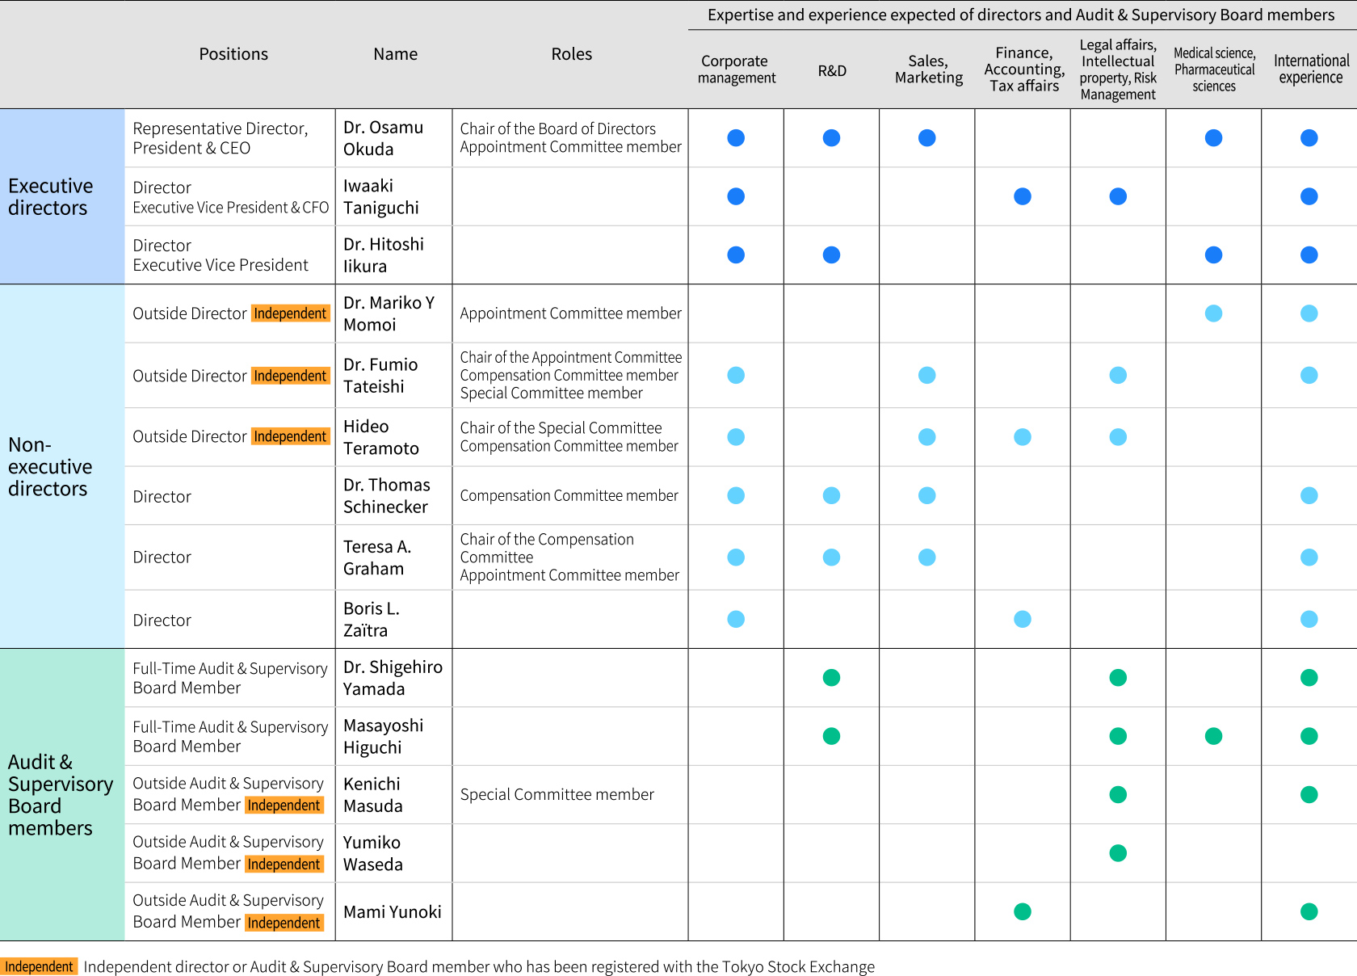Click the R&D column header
832,71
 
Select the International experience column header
1310,69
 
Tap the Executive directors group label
50,197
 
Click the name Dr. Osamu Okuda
383,138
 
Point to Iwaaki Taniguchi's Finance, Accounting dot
1023,196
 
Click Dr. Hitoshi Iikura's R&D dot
831,255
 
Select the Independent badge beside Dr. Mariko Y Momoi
290,313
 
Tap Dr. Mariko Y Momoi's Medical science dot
1213,313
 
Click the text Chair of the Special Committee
561,428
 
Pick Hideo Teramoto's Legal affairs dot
1118,437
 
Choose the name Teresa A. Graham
376,557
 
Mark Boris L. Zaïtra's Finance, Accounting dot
1023,620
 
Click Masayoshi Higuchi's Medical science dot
1213,736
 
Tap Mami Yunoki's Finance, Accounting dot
1023,911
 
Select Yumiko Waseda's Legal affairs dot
1118,853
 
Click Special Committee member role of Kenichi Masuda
557,795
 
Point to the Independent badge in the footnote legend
39,967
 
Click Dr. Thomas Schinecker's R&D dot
831,496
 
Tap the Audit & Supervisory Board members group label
57,795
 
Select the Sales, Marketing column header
928,69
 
